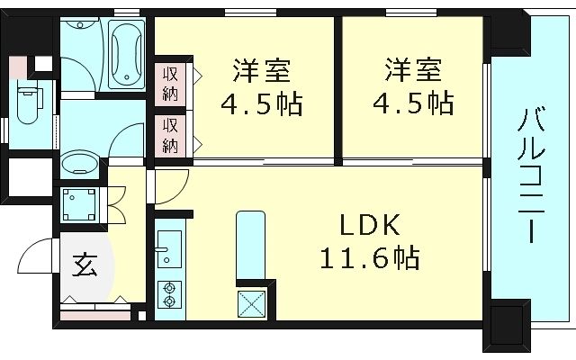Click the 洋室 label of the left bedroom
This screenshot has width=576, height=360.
coord(261,69)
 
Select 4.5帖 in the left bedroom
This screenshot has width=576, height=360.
coord(261,102)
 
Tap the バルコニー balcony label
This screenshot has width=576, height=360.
coord(532,175)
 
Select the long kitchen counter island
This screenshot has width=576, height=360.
coord(247,247)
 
